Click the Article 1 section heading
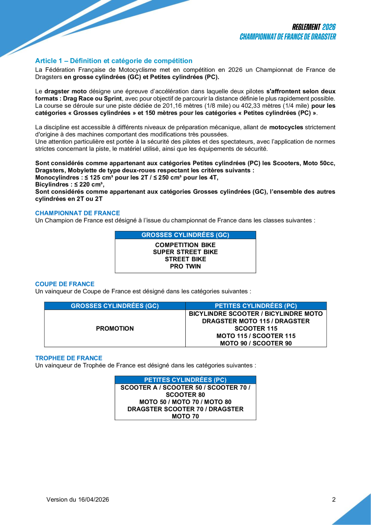point(114,61)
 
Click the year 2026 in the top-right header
point(329,27)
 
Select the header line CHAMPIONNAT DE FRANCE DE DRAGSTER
point(287,37)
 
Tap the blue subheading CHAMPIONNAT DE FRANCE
point(78,213)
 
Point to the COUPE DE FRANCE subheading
point(65,284)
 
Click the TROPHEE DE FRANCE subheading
point(69,358)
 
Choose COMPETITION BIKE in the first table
point(185,245)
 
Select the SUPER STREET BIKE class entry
point(185,252)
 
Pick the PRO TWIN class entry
point(185,267)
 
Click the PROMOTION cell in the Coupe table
point(115,329)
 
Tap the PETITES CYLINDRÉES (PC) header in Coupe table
point(256,306)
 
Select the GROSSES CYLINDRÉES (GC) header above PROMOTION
point(115,306)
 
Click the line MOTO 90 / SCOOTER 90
point(256,343)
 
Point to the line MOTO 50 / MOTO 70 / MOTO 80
point(185,402)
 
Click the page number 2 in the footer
point(334,500)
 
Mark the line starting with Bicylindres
point(69,185)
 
